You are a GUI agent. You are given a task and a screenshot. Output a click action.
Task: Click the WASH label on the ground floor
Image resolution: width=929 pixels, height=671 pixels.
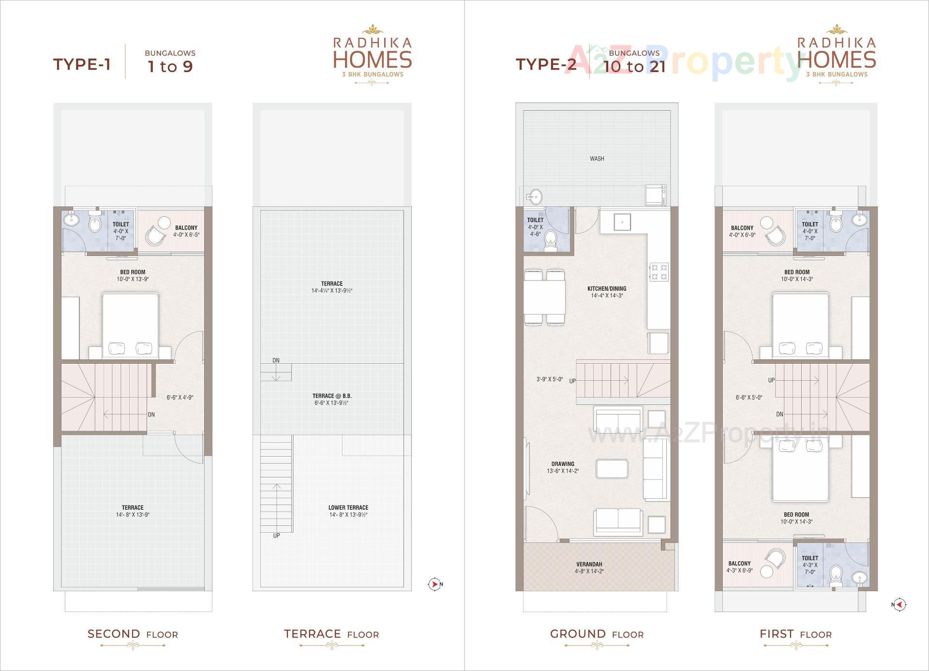tap(597, 159)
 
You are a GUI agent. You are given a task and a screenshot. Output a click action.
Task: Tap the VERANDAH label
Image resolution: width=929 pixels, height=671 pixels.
tap(589, 564)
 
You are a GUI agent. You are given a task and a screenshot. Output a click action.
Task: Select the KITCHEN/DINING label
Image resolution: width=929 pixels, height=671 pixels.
tap(607, 289)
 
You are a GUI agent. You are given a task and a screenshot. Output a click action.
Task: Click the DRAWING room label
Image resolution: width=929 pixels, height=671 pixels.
tap(563, 464)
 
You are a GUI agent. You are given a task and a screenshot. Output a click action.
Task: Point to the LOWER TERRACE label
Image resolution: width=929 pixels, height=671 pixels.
tap(348, 507)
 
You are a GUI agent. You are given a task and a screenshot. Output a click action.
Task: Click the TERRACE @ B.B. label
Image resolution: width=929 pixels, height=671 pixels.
tap(332, 396)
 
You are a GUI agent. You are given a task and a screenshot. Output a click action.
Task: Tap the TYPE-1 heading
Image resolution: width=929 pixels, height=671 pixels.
tap(82, 64)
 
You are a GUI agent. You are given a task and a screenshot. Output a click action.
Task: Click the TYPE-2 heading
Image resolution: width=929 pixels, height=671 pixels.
tap(546, 64)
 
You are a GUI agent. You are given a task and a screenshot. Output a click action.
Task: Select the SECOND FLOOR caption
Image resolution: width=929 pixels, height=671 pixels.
tap(133, 634)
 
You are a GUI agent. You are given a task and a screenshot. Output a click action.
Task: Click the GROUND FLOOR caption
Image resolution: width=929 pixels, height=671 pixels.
tap(597, 634)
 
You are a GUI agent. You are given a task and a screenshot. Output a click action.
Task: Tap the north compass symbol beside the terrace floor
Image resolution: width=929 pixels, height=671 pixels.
tap(435, 584)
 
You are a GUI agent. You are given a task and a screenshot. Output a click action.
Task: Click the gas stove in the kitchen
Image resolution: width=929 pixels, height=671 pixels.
tap(659, 272)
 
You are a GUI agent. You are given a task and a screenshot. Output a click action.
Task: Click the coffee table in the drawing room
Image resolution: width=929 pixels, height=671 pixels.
tap(613, 468)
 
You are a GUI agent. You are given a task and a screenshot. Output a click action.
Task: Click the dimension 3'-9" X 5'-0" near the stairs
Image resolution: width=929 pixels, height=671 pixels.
tap(549, 380)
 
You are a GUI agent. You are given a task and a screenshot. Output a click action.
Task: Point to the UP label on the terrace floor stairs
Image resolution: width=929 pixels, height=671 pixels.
tap(276, 536)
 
